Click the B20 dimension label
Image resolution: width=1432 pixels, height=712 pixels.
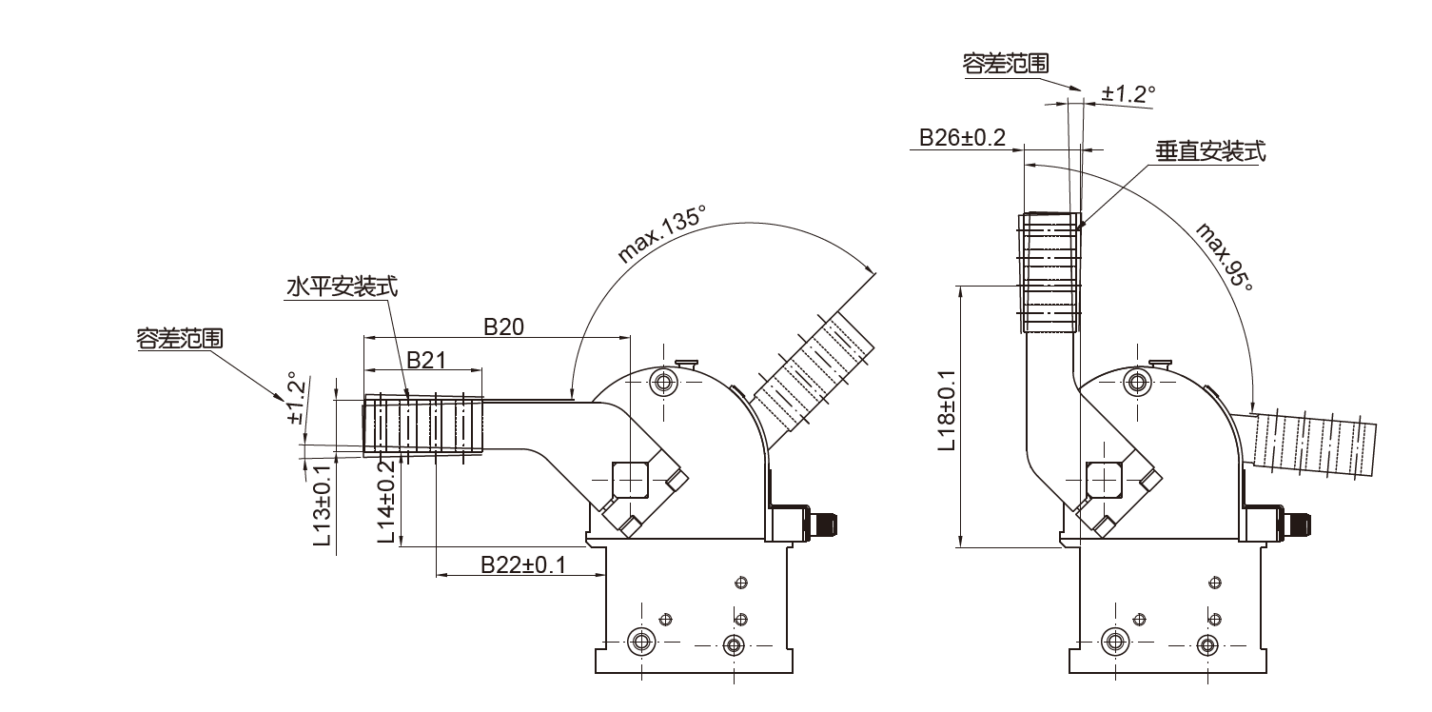point(503,326)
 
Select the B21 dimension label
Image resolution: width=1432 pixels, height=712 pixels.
point(426,360)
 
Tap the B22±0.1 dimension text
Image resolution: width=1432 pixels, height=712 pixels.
point(523,564)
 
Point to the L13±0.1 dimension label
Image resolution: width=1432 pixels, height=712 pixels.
point(323,505)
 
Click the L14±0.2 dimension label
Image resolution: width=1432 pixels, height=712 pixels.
point(386,503)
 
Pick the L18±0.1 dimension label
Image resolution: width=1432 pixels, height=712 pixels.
point(947,410)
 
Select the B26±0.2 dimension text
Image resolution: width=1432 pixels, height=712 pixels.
point(962,137)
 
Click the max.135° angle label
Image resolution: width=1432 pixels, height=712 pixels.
point(661,233)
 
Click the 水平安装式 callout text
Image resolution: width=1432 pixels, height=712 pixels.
point(342,287)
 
